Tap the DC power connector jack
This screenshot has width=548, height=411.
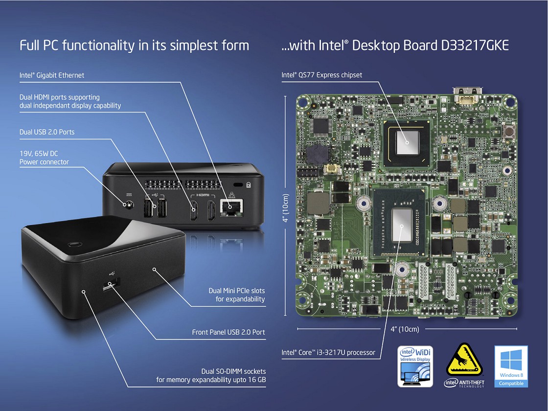coord(128,205)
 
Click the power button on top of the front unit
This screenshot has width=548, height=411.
coord(74,245)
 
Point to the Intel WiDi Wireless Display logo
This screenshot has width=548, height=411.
coord(415,366)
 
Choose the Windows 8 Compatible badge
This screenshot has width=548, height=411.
coord(511,366)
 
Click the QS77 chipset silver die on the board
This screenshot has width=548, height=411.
coord(407,142)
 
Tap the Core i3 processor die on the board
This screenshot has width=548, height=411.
coord(402,225)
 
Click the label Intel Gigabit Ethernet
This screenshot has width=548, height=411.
coord(52,75)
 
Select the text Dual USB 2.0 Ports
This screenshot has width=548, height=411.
coord(47,132)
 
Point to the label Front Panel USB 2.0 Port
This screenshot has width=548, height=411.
coord(228,332)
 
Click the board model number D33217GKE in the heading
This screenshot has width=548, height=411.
coord(475,46)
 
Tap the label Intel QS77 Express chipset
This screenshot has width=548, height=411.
coord(322,75)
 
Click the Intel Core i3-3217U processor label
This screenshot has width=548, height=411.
coord(328,352)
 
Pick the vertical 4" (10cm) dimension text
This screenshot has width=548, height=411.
coord(286,208)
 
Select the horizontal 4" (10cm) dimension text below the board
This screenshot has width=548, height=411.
coord(405,329)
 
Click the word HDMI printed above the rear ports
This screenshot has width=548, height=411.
coord(203,195)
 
